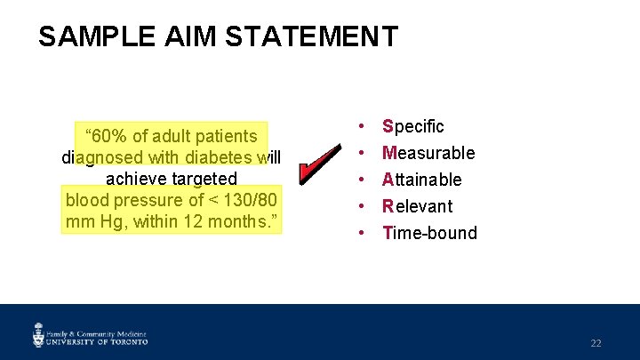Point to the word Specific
click(413, 126)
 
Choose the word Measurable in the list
click(428, 153)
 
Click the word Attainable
click(422, 180)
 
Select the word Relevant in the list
click(417, 206)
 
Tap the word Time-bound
click(429, 233)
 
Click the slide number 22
click(596, 343)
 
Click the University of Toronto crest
click(38, 335)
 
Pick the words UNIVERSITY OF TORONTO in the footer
click(98, 340)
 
